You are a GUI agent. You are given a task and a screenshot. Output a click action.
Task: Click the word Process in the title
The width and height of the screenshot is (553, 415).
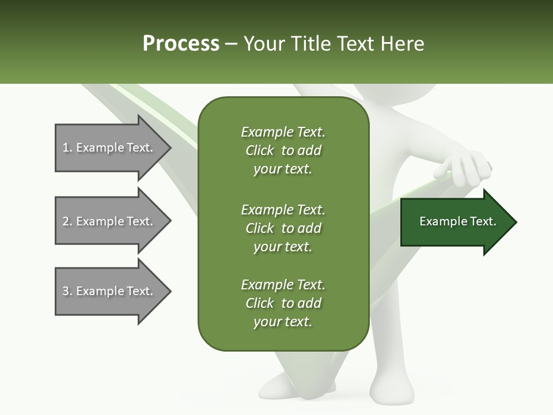tap(181, 44)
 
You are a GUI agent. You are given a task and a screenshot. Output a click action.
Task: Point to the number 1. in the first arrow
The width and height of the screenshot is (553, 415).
tap(67, 148)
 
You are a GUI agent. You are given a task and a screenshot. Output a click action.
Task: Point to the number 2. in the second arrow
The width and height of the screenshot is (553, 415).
tap(67, 221)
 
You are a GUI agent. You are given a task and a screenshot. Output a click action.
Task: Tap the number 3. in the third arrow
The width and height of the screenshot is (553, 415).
tap(67, 291)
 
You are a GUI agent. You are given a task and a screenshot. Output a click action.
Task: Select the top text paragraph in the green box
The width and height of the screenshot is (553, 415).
tap(283, 150)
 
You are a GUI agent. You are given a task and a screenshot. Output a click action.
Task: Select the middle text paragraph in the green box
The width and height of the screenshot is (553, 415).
tap(283, 228)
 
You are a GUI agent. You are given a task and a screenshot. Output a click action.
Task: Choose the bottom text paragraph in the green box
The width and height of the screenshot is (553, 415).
tap(283, 303)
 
